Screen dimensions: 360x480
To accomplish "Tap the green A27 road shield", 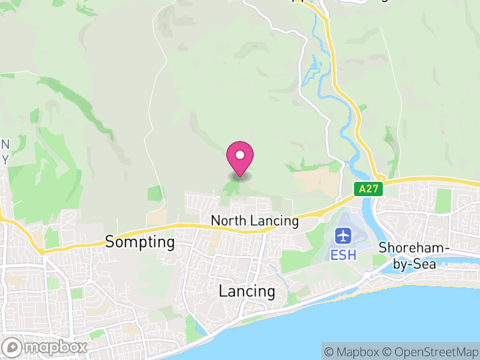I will (368, 189).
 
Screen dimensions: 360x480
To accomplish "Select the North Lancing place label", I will (254, 221).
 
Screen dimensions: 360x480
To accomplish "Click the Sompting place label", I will (140, 242).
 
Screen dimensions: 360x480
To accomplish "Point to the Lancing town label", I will (247, 292).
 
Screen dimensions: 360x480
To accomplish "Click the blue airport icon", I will (343, 235).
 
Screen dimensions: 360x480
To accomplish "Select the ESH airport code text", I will (343, 254).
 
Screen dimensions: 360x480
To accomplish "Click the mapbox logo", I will (45, 347).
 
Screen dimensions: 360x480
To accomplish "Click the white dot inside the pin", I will (240, 155).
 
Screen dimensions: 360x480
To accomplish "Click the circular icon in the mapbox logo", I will (13, 347).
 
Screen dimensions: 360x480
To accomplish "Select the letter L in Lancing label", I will (223, 292).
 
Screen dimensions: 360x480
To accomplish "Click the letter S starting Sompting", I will (110, 242).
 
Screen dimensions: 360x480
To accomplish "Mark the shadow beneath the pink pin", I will (240, 176).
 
